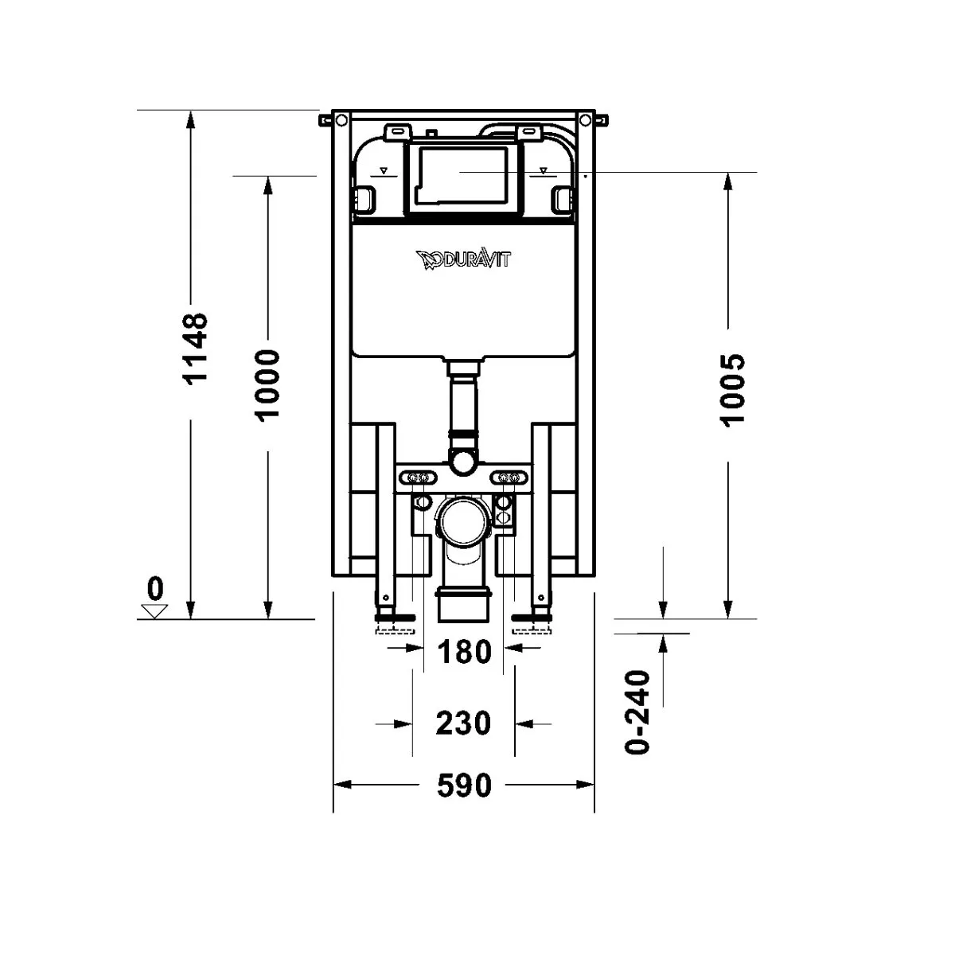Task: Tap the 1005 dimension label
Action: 732,389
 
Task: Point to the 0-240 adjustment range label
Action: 639,712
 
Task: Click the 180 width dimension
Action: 464,652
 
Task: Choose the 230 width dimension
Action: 464,723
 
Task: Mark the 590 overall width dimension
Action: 464,785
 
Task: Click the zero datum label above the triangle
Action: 154,589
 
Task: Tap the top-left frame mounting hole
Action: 340,121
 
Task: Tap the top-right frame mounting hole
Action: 587,121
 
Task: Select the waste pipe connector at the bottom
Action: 464,605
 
